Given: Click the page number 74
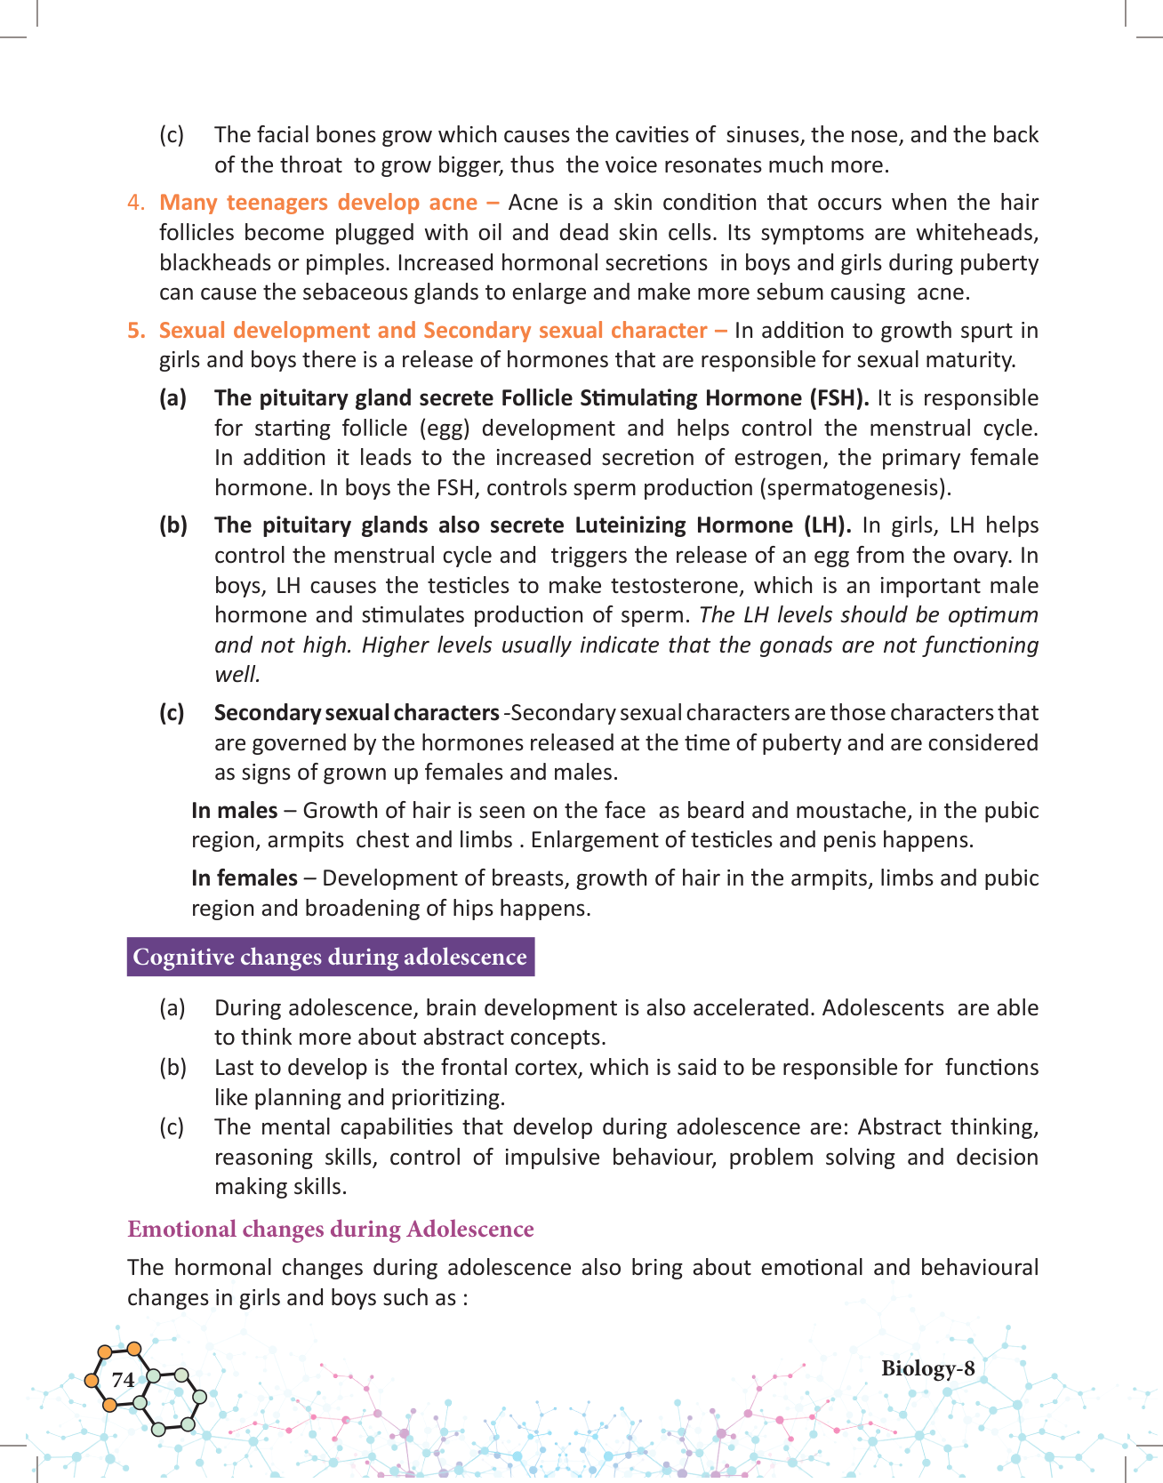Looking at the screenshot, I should (x=123, y=1379).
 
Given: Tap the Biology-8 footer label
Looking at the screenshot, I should (x=927, y=1368).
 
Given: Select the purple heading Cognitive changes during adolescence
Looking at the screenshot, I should (x=330, y=957).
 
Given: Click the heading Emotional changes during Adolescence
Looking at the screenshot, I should (x=330, y=1229).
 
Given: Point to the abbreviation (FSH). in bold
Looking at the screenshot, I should (x=838, y=397).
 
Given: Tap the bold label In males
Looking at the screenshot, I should (x=234, y=810).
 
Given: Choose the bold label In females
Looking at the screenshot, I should (x=244, y=878).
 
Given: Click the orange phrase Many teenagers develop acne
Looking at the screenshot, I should (x=318, y=203).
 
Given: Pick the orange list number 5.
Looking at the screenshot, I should (x=136, y=330).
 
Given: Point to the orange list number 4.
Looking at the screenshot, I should (x=136, y=203).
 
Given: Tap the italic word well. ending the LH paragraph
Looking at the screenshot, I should (x=237, y=675).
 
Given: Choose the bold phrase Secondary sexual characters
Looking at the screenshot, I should (x=357, y=712).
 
